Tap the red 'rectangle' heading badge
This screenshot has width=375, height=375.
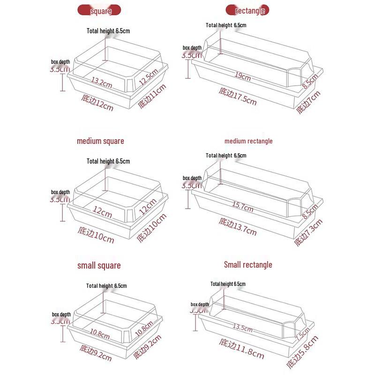(x=247, y=10)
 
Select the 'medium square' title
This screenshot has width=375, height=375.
(x=100, y=141)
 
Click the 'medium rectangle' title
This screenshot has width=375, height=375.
(x=248, y=141)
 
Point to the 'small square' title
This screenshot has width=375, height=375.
(x=99, y=265)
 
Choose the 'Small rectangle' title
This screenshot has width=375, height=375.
(x=248, y=265)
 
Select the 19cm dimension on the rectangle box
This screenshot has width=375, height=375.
(x=242, y=76)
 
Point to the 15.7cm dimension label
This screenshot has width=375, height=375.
(x=242, y=205)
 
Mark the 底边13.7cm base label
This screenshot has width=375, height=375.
(x=238, y=225)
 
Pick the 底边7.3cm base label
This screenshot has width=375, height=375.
(x=308, y=232)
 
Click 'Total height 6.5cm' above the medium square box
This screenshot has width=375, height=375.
(x=108, y=161)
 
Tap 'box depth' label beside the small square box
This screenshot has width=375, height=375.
(x=61, y=315)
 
